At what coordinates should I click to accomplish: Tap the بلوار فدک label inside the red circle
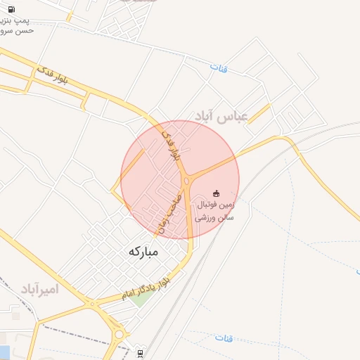click(172, 145)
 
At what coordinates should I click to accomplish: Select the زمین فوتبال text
click(214, 205)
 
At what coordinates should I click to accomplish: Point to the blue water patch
click(4, 350)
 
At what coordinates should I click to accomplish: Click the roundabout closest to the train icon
click(120, 335)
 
